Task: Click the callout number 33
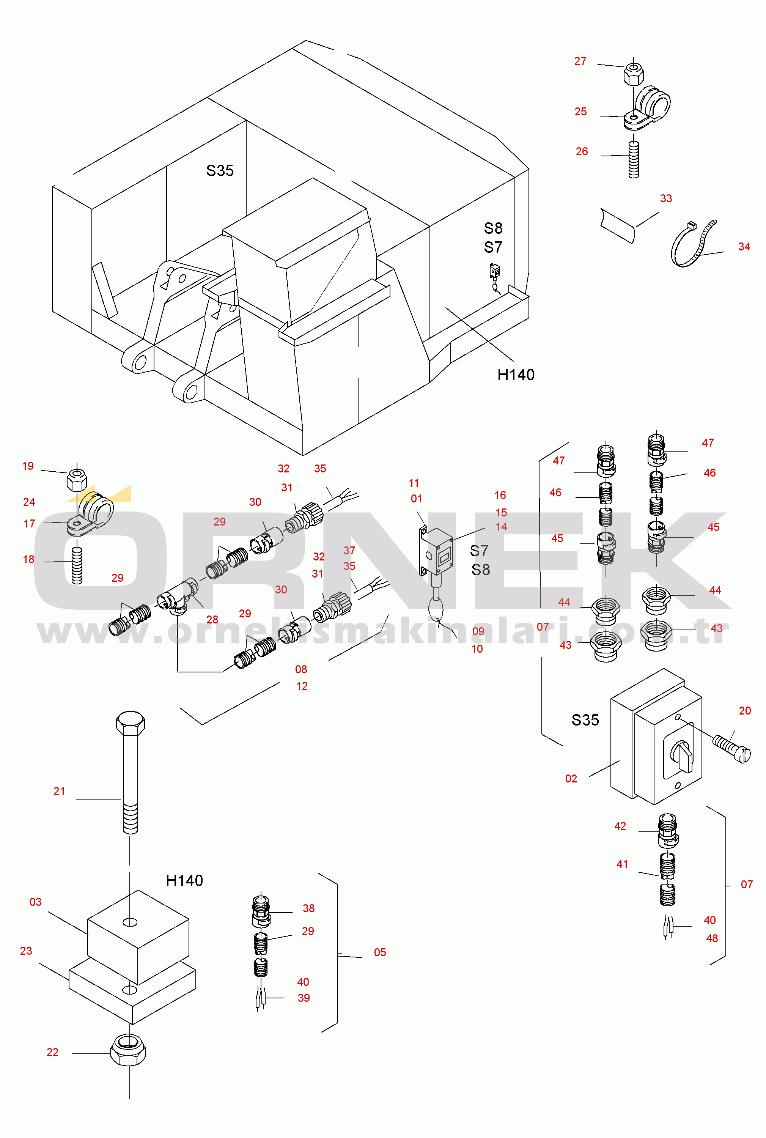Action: coord(666,199)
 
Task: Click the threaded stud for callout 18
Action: coord(77,565)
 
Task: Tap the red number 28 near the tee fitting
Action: coord(212,620)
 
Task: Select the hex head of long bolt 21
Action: coord(131,723)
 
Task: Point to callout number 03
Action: coord(36,902)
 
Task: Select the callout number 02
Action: coord(571,779)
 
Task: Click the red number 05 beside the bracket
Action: coord(380,952)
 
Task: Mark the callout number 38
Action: coord(309,908)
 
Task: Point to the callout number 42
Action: coord(620,826)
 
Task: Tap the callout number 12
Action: coord(302,686)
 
